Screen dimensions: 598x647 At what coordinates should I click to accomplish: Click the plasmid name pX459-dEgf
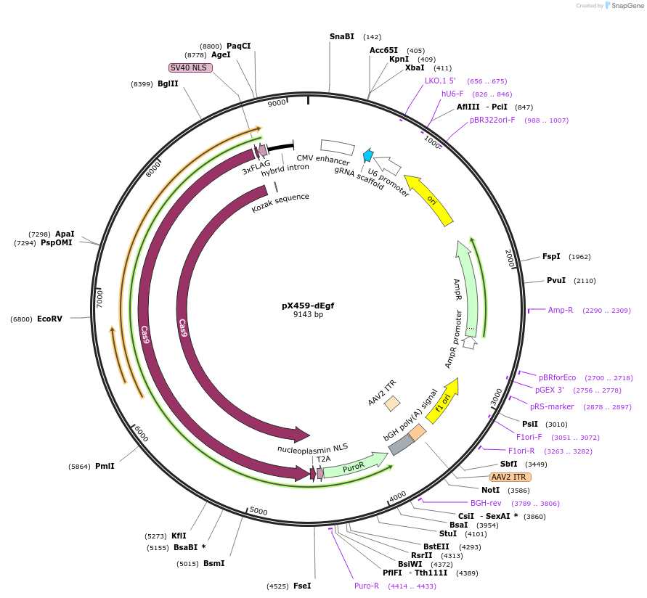pos(308,306)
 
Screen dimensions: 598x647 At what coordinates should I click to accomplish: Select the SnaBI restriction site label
pos(341,36)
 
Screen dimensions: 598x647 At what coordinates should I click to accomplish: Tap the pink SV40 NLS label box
pos(190,67)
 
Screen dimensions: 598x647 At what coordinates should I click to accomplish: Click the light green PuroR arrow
pos(354,466)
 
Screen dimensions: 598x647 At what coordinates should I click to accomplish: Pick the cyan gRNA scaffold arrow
pos(367,155)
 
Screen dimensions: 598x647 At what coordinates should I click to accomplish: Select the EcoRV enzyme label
pos(50,319)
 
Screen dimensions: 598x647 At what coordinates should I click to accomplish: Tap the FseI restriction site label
pos(302,586)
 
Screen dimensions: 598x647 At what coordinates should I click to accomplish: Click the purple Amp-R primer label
pos(561,310)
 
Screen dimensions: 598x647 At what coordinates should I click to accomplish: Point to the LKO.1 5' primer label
pos(440,81)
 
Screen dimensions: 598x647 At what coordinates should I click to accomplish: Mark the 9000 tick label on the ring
pos(277,104)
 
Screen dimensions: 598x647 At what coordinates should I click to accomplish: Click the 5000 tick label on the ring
pos(259,511)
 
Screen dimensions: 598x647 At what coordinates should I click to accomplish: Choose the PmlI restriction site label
pos(105,466)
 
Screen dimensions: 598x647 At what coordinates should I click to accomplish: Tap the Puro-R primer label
pos(367,586)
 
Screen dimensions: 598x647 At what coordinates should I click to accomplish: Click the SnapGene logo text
pos(625,6)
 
